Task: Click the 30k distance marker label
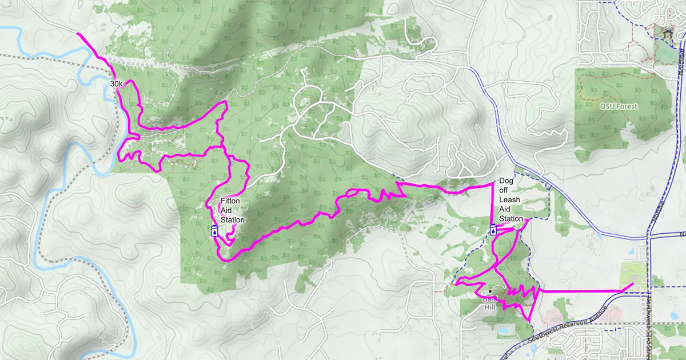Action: coord(117,83)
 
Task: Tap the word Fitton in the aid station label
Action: coord(231,201)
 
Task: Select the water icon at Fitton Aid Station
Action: coord(214,230)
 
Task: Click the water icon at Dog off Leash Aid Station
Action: coord(493,230)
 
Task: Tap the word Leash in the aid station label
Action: coord(509,200)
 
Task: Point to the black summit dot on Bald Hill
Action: coord(490,291)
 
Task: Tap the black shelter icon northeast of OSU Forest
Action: coord(667,33)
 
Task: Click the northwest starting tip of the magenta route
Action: coord(78,34)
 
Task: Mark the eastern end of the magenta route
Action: coord(632,284)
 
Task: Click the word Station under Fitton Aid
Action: coord(233,220)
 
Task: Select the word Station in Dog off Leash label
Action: coord(511,219)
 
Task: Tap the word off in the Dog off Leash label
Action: coord(504,190)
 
